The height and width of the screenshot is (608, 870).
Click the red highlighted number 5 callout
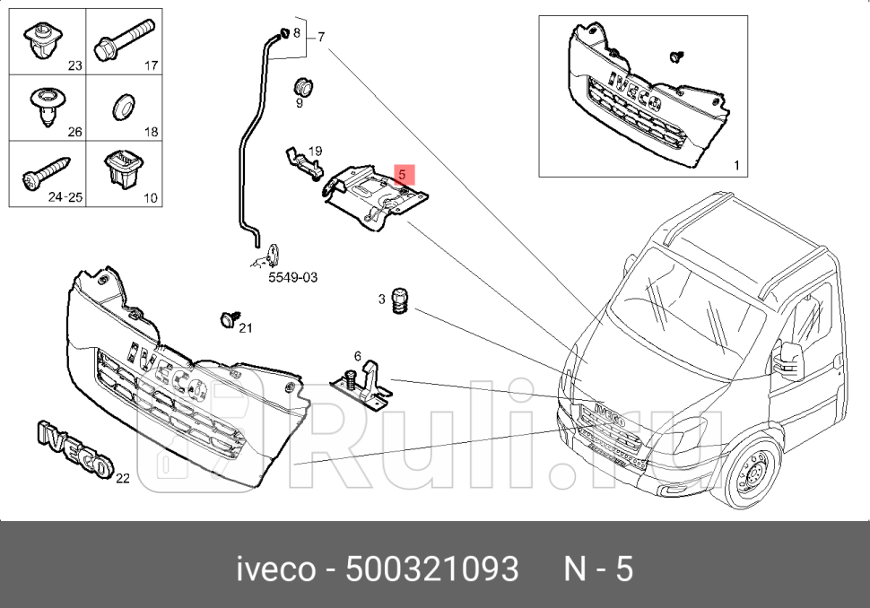tap(404, 173)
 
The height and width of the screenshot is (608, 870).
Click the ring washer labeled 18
tap(122, 108)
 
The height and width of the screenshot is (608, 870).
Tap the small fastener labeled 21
tap(228, 318)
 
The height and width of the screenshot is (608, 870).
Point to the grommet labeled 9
tap(304, 87)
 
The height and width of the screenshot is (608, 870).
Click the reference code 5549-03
tap(293, 278)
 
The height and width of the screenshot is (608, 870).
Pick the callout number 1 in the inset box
tap(736, 165)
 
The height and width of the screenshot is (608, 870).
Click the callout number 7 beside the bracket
tap(320, 37)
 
